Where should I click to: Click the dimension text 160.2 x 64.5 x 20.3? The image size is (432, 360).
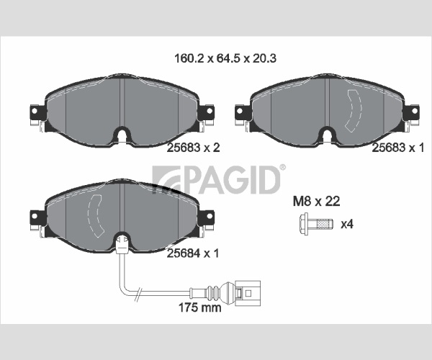coord(225,58)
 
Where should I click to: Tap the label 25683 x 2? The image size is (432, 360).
coord(193,148)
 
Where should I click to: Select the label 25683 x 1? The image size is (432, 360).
coord(398,148)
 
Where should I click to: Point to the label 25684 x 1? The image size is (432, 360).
coord(193,253)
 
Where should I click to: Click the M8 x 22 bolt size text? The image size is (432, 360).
coord(316,202)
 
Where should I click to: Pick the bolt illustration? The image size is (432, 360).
coord(316,224)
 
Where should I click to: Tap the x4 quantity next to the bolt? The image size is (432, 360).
coord(347,224)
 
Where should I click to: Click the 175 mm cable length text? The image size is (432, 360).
coord(199,307)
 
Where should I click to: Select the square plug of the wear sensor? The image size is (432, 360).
coord(248,293)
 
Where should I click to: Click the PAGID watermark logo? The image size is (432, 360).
coord(216,180)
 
